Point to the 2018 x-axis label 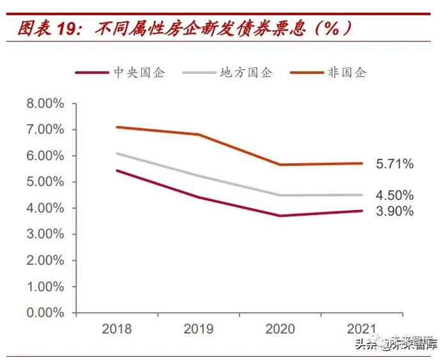116,329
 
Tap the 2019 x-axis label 198,329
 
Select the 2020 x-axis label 280,329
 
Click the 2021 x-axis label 362,329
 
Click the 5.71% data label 395,164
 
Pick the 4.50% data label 395,195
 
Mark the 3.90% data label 395,211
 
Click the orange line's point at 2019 198,135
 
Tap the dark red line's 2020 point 280,216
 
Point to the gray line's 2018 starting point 116,153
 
